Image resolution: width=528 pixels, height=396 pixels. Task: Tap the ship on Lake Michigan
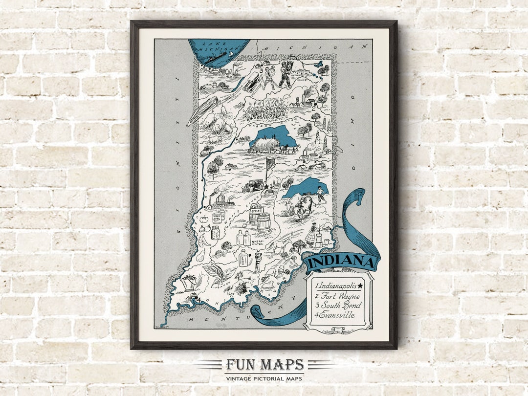[x=218, y=59]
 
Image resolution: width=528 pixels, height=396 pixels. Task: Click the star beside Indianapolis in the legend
[x=361, y=285]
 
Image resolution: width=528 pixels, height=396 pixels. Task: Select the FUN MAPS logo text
[x=264, y=365]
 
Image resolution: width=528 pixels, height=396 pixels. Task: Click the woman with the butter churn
[x=310, y=235]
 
